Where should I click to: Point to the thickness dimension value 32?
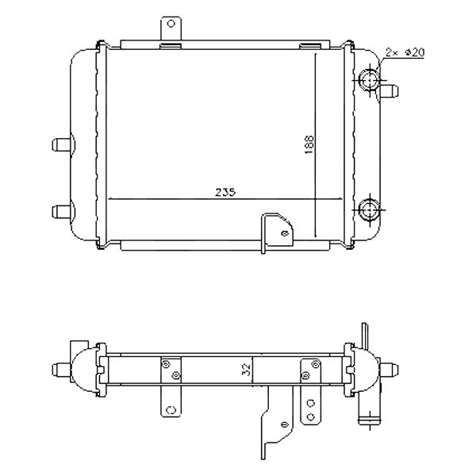click(246, 368)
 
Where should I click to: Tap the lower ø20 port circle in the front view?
click(370, 210)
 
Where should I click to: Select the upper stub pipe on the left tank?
click(61, 145)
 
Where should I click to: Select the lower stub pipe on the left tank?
click(61, 210)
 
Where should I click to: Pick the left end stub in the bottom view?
click(61, 370)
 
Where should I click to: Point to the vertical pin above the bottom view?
click(365, 334)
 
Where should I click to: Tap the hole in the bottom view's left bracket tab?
click(169, 409)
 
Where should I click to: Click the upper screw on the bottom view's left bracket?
click(167, 364)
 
